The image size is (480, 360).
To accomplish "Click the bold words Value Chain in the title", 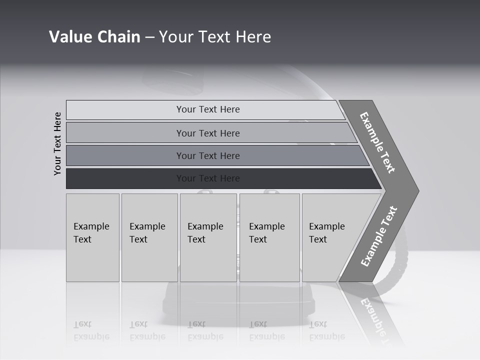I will pyautogui.click(x=94, y=37).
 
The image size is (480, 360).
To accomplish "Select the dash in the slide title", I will pyautogui.click(x=149, y=37).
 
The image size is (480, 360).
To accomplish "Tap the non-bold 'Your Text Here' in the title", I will pyautogui.click(x=215, y=37).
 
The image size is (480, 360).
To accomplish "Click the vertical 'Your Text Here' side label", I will pyautogui.click(x=58, y=143).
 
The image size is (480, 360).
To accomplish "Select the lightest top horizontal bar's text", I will pyautogui.click(x=208, y=109).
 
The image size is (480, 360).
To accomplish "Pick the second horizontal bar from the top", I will pyautogui.click(x=208, y=133).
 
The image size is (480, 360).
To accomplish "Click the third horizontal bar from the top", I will pyautogui.click(x=208, y=156).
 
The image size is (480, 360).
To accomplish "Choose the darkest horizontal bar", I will pyautogui.click(x=208, y=178).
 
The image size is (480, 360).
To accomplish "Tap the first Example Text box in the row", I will pyautogui.click(x=92, y=237).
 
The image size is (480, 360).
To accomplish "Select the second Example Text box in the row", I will pyautogui.click(x=149, y=237).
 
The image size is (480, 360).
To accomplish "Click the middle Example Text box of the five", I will pyautogui.click(x=207, y=237).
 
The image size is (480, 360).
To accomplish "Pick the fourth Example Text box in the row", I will pyautogui.click(x=269, y=237).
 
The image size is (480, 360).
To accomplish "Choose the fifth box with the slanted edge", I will pyautogui.click(x=330, y=237).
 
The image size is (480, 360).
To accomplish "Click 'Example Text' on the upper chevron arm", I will pyautogui.click(x=377, y=142).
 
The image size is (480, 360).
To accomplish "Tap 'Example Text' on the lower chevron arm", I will pyautogui.click(x=378, y=236).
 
